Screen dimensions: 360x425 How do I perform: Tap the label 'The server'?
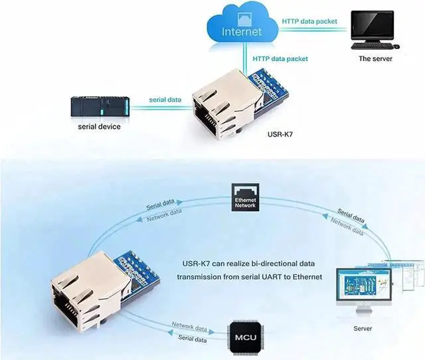point(375,58)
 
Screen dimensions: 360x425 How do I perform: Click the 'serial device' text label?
point(99,126)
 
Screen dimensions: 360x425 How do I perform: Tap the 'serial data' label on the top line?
point(165,100)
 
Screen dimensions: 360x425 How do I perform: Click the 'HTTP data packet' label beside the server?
point(309,21)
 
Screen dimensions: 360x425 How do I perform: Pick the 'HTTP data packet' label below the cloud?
point(280,58)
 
